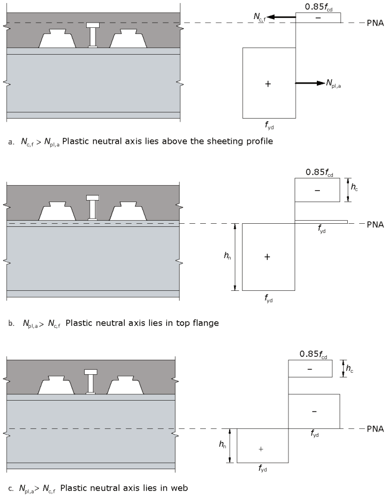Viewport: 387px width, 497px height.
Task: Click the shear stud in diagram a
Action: [x=93, y=35]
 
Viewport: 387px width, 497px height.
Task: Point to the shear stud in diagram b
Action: [x=93, y=208]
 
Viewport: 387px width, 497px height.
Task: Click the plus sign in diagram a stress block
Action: [x=268, y=83]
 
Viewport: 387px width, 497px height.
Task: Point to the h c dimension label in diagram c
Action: [x=349, y=369]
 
